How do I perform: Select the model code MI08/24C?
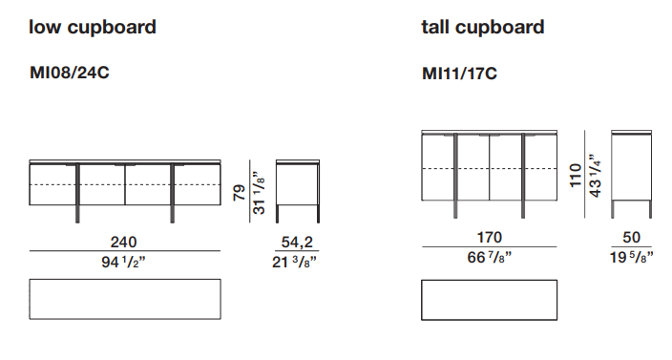70,72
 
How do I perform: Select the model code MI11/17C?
459,74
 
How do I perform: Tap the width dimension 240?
124,243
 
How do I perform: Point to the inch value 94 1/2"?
123,262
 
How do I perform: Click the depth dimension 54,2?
297,243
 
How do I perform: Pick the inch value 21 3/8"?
294,262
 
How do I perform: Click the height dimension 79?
240,193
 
